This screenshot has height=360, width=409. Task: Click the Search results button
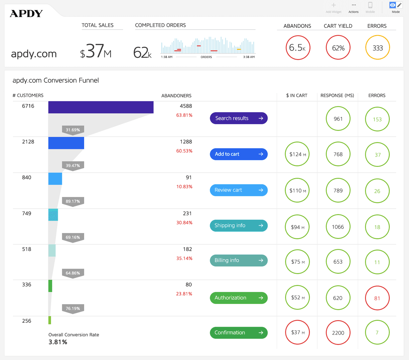[239, 118]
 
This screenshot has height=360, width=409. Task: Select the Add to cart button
[239, 154]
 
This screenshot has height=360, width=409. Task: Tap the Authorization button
[239, 298]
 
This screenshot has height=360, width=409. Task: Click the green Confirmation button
[239, 333]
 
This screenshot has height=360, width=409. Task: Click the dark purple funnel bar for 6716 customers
[101, 107]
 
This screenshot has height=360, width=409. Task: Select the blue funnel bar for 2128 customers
[66, 143]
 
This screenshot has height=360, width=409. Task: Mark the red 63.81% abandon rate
[184, 115]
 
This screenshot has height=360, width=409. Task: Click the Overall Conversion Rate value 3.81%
[58, 342]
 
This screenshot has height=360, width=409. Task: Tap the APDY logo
[26, 14]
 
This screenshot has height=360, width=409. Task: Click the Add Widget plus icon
[334, 5]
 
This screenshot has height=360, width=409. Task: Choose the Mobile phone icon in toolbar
[370, 5]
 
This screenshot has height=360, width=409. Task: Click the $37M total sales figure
[96, 51]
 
